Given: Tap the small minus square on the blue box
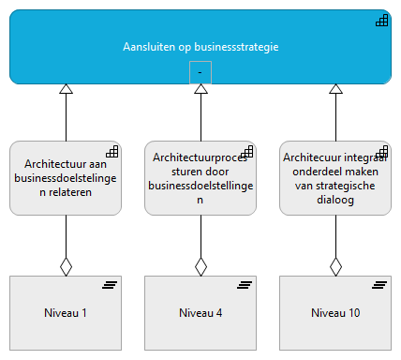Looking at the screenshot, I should pyautogui.click(x=200, y=73).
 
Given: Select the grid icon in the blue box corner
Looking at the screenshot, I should pyautogui.click(x=382, y=22).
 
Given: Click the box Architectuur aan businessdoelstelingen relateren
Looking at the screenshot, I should pyautogui.click(x=66, y=178).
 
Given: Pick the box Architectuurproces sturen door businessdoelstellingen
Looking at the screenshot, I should pyautogui.click(x=200, y=178).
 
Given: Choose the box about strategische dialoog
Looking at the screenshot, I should pyautogui.click(x=335, y=178).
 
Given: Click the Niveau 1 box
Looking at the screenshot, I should pyautogui.click(x=66, y=312).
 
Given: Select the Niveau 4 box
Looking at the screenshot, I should pyautogui.click(x=200, y=312).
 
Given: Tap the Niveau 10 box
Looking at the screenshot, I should pyautogui.click(x=335, y=312).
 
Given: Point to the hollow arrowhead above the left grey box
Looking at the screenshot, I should pyautogui.click(x=66, y=90).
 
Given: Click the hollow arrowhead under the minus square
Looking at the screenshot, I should pyautogui.click(x=200, y=90).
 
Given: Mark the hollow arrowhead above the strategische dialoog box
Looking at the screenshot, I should pyautogui.click(x=335, y=90).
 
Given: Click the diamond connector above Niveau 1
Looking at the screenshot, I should pyautogui.click(x=66, y=266).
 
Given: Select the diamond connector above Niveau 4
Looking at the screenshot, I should pyautogui.click(x=200, y=266).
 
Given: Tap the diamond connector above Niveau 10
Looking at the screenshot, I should pyautogui.click(x=335, y=266).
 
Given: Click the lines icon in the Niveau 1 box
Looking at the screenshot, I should pyautogui.click(x=111, y=285).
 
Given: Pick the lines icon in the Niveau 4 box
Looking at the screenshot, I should pyautogui.click(x=245, y=285).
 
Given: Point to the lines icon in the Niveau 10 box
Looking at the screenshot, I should pyautogui.click(x=380, y=285).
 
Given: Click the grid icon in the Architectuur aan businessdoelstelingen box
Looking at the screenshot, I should pyautogui.click(x=112, y=151).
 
